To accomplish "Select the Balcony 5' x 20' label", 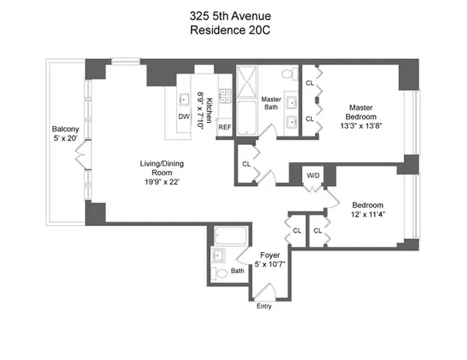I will (x=64, y=132).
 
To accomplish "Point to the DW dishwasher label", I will (x=184, y=117).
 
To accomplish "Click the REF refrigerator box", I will (x=224, y=127).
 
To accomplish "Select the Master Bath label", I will (x=271, y=103).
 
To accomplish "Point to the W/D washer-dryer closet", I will (x=313, y=177).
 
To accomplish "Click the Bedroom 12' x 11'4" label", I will (x=368, y=210).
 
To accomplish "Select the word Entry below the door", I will (x=264, y=306).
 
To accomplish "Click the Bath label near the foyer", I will (x=238, y=271).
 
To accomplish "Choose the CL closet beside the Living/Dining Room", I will (x=246, y=164).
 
